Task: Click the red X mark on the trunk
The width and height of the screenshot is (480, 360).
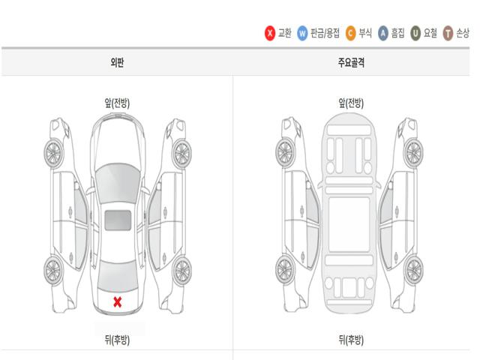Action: click(x=118, y=301)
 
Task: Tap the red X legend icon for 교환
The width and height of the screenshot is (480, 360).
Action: click(x=270, y=33)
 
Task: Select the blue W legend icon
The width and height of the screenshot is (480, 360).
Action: click(x=302, y=33)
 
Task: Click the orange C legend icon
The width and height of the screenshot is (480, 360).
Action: click(x=350, y=33)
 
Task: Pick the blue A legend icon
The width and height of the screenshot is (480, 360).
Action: click(x=383, y=33)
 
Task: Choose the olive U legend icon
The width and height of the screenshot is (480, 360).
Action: click(x=415, y=33)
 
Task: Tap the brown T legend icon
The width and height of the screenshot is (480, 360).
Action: click(x=448, y=33)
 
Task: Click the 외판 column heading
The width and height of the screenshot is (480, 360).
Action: click(x=117, y=62)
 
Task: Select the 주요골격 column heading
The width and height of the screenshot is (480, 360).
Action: click(x=351, y=62)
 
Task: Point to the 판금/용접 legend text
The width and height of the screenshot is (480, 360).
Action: click(x=325, y=33)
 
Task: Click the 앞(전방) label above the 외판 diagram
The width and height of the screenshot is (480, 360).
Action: click(x=117, y=103)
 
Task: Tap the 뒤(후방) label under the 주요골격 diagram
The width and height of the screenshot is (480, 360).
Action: click(x=351, y=340)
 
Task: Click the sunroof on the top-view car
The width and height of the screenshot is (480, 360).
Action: click(x=118, y=220)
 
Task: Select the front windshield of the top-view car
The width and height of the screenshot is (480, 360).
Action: click(x=118, y=183)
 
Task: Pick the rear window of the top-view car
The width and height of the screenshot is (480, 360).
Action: click(x=118, y=276)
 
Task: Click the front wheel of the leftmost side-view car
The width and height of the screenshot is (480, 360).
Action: click(x=53, y=153)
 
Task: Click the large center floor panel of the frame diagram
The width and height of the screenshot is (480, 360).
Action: click(x=349, y=224)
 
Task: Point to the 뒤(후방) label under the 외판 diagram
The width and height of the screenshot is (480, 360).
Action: click(x=117, y=340)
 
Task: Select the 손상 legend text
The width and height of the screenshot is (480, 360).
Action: click(x=463, y=33)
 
